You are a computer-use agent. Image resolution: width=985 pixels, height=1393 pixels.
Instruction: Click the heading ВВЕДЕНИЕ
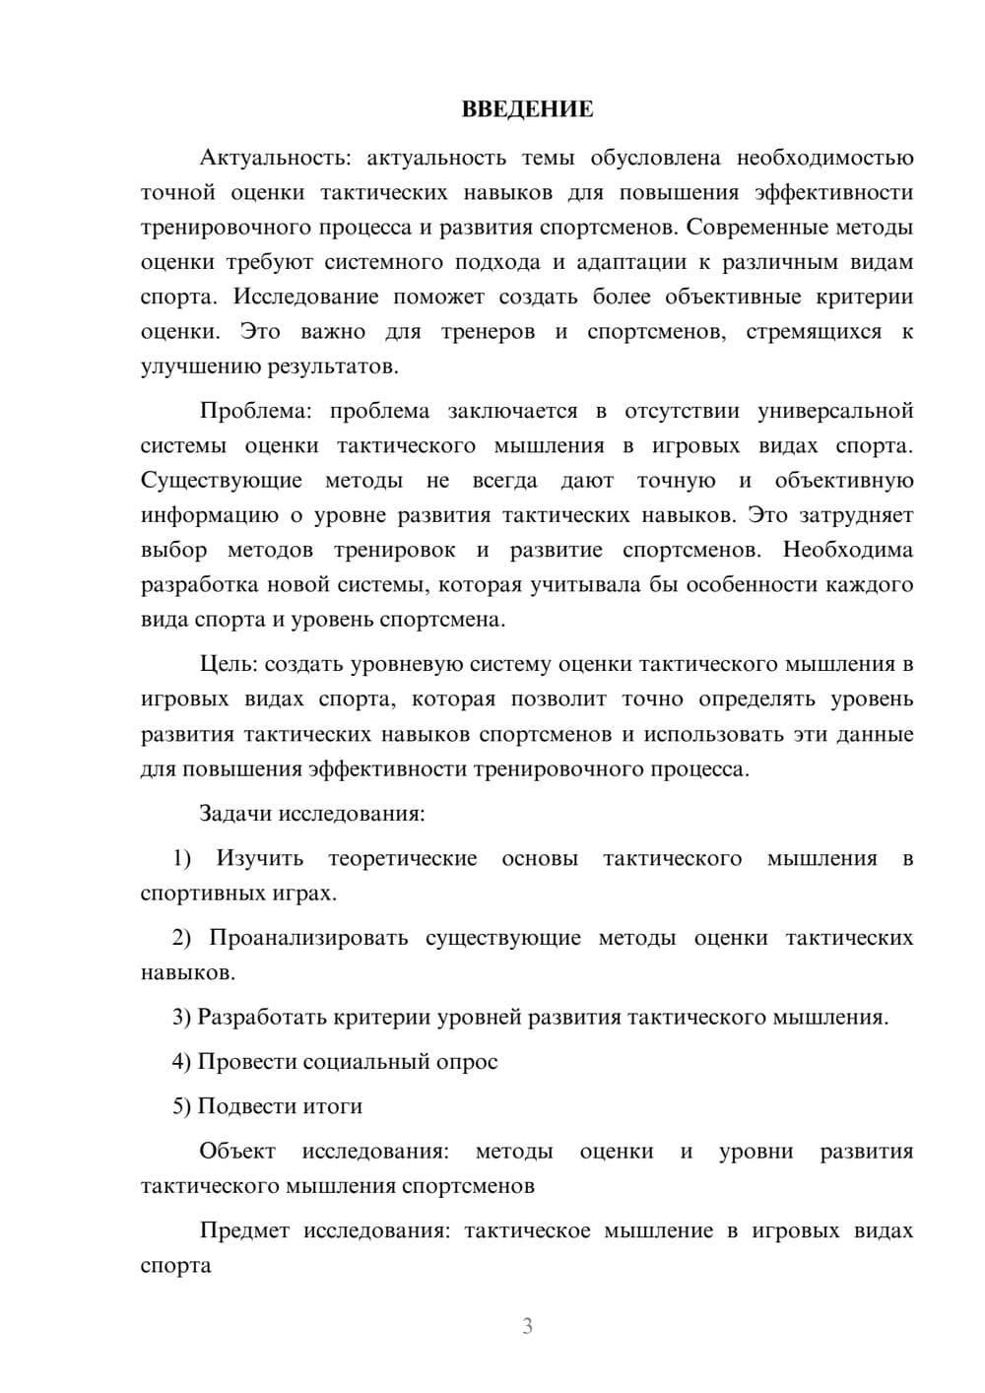click(x=527, y=109)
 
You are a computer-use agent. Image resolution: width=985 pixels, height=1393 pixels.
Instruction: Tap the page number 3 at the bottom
click(x=527, y=1326)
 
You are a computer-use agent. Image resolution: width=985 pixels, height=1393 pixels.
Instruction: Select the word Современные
click(x=754, y=228)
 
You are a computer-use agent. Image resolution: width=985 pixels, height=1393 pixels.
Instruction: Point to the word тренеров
click(x=488, y=332)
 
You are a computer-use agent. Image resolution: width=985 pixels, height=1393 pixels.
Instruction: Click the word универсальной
click(x=835, y=411)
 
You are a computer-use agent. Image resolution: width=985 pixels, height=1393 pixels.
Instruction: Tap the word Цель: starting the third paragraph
click(x=229, y=664)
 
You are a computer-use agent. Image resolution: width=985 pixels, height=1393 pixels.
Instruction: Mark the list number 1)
click(x=182, y=859)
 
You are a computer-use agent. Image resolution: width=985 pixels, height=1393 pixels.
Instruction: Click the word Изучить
click(x=260, y=859)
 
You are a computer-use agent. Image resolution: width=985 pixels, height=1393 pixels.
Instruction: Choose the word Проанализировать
click(x=308, y=938)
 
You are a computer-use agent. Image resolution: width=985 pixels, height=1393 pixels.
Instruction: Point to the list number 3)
click(x=182, y=1018)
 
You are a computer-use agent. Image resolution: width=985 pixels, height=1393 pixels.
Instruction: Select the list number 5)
click(x=182, y=1106)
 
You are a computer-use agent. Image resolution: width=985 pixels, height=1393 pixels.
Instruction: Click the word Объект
click(x=236, y=1152)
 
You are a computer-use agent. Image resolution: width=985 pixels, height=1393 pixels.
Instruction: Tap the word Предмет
click(x=244, y=1230)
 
